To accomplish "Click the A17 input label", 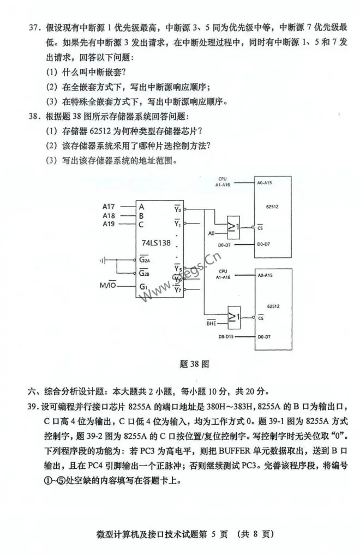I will click(x=109, y=206).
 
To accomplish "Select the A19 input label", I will click(x=109, y=224).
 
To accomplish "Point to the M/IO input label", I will click(x=107, y=285).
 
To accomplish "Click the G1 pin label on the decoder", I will click(x=142, y=286).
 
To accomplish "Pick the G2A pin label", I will click(x=144, y=260).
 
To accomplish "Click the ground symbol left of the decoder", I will click(x=102, y=260).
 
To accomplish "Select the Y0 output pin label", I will click(x=177, y=209).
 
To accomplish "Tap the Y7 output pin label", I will click(x=177, y=289).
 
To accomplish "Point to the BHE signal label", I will click(x=212, y=323).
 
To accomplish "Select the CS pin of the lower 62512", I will click(x=261, y=318).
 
